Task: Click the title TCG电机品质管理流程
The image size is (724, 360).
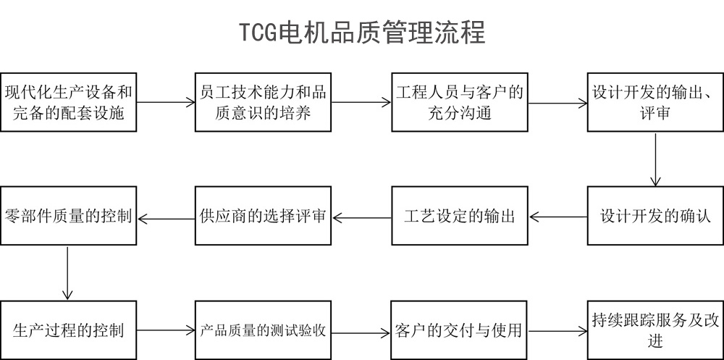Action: coord(362,32)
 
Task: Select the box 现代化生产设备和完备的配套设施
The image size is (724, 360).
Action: coord(68,102)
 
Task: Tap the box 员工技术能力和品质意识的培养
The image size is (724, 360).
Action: coord(263,102)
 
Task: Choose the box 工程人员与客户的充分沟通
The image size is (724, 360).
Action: coord(459,102)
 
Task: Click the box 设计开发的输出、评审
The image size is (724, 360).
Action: coord(655,102)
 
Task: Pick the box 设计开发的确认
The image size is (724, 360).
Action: coord(655,216)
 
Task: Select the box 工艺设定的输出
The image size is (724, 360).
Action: coord(459,216)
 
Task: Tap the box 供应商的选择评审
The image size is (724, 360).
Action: coord(263,216)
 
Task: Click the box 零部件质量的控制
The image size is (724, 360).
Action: coord(68,216)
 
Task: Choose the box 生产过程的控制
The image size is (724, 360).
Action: coord(68,331)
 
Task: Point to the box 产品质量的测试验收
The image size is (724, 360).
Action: coord(263,331)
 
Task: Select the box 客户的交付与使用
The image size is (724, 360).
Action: coord(459,331)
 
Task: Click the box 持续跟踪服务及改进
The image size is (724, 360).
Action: coord(655,331)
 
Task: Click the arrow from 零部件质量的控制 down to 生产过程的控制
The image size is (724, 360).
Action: coord(67,273)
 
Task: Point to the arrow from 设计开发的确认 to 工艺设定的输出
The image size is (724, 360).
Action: coord(557,216)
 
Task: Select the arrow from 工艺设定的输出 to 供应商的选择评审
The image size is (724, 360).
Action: coord(361,216)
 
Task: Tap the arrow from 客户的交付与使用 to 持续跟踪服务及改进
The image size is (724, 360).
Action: coord(557,332)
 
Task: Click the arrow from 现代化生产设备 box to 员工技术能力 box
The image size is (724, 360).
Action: coord(166,103)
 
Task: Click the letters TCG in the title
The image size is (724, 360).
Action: coord(258,32)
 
